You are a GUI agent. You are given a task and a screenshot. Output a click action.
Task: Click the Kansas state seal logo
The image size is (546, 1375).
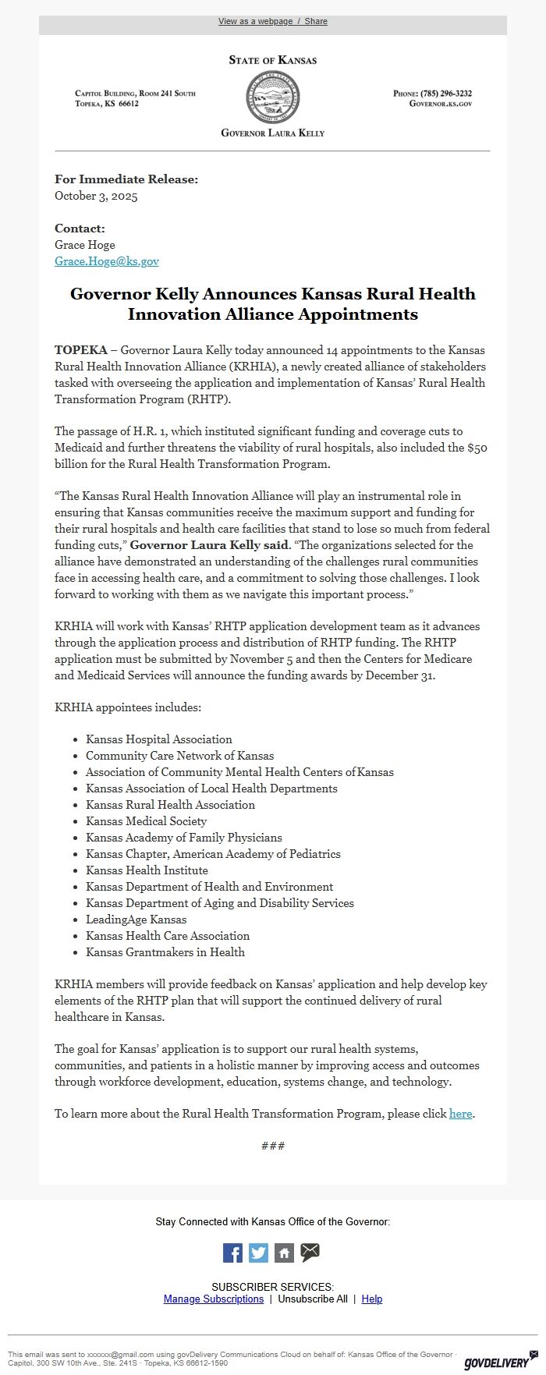point(272,97)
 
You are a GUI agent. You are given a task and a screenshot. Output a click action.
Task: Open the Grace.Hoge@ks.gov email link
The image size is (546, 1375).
point(107,261)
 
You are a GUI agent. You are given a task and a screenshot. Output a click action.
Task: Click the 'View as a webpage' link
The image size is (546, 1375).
point(254,21)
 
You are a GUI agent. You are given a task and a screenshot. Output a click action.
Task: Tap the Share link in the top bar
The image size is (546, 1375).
point(316,21)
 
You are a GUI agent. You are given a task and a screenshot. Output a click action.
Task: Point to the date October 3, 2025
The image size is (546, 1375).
point(96,196)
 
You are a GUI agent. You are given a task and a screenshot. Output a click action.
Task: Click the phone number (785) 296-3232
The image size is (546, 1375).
point(445,94)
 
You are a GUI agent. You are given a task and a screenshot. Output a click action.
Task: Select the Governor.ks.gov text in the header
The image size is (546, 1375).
point(441,103)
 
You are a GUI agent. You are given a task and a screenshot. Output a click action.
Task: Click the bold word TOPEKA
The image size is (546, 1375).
point(80,350)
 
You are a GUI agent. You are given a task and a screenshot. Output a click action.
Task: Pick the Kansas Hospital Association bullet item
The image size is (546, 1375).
point(159,739)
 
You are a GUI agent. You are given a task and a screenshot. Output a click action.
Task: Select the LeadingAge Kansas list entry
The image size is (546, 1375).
point(136,920)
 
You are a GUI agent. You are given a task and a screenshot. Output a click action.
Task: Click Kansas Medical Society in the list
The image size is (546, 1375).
point(147,821)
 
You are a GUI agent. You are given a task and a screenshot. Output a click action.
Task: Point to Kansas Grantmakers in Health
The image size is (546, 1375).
point(165,952)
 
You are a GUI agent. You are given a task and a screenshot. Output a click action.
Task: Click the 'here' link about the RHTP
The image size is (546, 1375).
point(460,1114)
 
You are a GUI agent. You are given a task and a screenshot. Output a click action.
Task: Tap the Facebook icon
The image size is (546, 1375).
point(232,1253)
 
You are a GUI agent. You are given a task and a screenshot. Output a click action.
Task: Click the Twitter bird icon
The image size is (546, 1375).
point(258,1253)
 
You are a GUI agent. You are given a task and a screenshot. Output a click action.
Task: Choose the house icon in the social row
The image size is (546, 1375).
point(284,1253)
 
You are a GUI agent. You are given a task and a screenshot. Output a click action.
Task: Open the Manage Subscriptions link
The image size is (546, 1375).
point(214,1299)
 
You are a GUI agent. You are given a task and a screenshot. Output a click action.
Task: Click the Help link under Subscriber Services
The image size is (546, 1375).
point(372,1299)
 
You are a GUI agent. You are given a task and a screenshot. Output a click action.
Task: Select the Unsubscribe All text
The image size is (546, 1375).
point(313,1299)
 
